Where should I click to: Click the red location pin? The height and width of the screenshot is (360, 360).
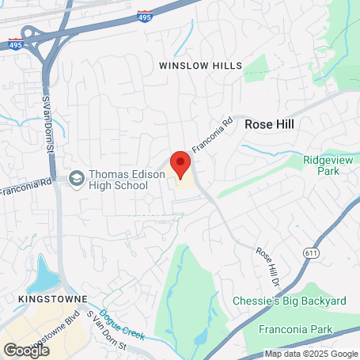click(x=180, y=165)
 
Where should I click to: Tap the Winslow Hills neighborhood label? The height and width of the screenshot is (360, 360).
click(x=200, y=65)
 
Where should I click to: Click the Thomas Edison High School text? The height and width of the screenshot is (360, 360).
click(x=118, y=180)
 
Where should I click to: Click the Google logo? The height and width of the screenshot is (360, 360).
click(x=26, y=349)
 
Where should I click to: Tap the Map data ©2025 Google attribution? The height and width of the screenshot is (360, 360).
click(x=311, y=354)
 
